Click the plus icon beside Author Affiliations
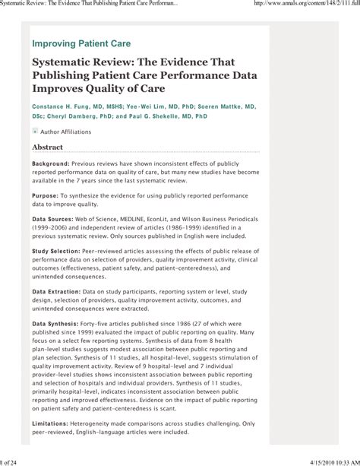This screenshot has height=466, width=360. [x=34, y=131]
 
